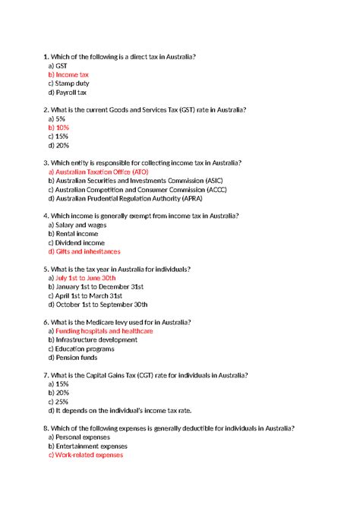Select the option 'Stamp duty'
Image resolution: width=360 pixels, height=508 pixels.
click(x=70, y=84)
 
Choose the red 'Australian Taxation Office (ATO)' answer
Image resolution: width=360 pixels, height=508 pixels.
click(x=98, y=172)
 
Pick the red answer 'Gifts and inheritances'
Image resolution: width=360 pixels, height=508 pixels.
click(x=84, y=251)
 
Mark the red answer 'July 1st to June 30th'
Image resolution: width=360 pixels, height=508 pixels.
click(x=87, y=278)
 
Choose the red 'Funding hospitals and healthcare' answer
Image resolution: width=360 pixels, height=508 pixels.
click(x=100, y=331)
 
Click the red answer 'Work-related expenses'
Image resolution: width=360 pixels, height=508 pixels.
click(x=85, y=455)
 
